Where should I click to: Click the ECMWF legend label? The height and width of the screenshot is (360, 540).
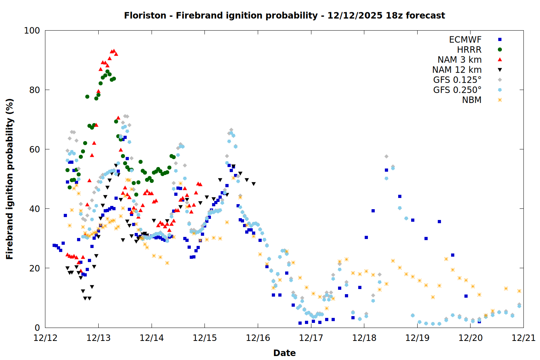coord(465,40)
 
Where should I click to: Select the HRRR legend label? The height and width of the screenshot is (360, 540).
coord(469,50)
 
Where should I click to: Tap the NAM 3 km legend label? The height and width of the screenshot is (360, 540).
coord(459,60)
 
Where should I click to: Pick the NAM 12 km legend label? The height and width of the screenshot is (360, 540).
coord(457,70)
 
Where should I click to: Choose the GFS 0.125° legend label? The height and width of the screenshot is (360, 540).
coord(457,80)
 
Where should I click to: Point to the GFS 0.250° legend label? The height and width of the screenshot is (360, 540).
coord(457,90)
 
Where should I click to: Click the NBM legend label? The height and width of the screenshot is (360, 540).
coord(472,100)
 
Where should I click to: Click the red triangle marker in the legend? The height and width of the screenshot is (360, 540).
coord(500,60)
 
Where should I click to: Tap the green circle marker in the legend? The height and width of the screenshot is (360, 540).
coord(500,50)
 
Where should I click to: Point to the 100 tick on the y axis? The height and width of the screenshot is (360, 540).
coord(32,31)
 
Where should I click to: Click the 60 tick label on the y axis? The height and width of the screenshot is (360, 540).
coord(35,149)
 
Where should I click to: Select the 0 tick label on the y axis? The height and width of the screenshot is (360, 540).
coord(37,328)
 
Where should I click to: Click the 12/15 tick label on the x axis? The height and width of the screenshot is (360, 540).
coord(205,338)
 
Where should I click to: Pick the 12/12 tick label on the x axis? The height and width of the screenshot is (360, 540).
coord(45,338)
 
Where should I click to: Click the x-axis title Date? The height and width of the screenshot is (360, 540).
coord(284,353)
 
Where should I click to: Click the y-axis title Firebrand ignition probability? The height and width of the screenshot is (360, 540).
coord(10,179)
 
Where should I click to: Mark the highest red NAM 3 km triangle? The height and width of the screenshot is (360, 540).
coord(114,51)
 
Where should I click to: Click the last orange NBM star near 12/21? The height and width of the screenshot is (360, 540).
coord(519,291)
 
